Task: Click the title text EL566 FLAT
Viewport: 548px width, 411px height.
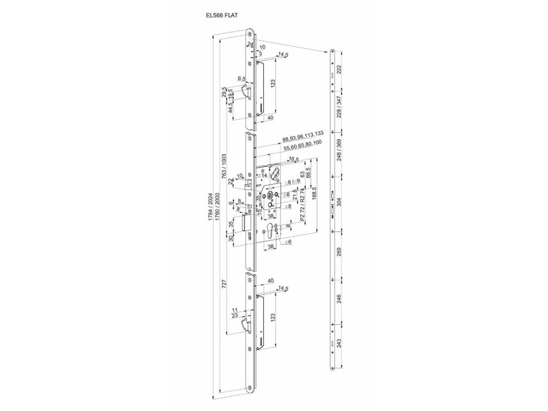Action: pos(222,16)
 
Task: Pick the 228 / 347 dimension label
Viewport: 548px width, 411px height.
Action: pos(338,108)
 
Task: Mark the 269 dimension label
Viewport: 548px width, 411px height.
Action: pos(338,253)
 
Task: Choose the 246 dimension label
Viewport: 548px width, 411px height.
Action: pos(338,299)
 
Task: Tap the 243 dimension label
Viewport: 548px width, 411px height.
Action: pos(338,343)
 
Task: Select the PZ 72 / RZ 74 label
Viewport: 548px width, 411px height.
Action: pos(303,205)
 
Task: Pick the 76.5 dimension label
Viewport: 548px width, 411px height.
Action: pos(292,159)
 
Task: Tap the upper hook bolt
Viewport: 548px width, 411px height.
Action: pos(246,92)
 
